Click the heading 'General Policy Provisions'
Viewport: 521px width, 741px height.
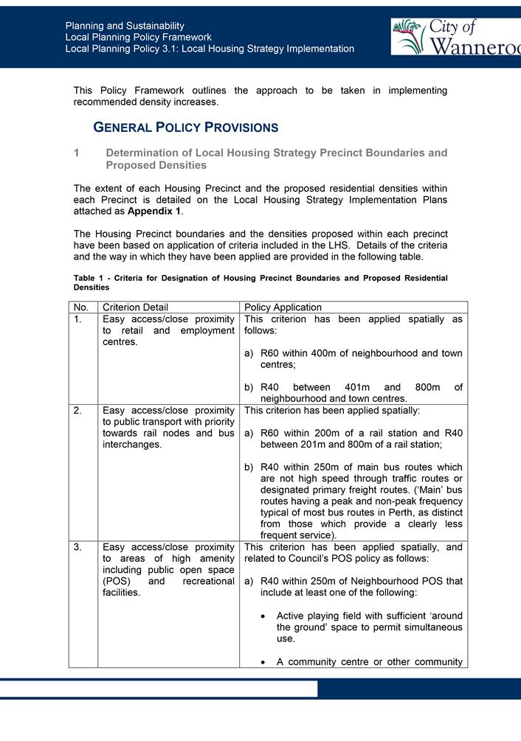185,128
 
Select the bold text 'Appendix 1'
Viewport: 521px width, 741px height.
153,211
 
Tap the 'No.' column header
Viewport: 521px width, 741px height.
81,307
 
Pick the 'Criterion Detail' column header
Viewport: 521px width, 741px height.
135,307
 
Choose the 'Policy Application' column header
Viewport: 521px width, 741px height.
283,307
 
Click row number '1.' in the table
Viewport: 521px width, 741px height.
78,320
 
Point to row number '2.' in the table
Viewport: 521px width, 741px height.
78,411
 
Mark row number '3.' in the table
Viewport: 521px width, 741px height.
78,547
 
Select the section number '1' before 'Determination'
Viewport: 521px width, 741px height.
77,153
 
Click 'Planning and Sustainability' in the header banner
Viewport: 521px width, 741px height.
125,26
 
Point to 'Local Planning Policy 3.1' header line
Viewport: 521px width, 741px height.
210,49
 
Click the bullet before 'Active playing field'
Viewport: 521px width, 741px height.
264,616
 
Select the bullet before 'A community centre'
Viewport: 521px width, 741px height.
264,662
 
